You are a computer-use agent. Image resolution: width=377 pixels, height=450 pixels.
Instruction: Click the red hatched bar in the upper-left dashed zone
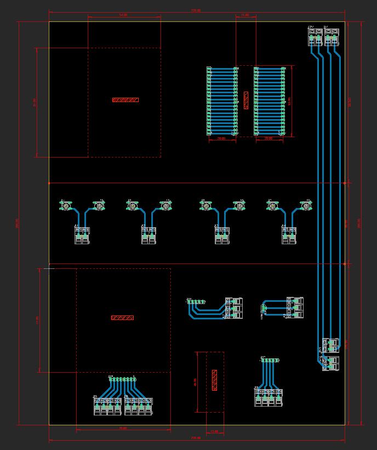coord(125,100)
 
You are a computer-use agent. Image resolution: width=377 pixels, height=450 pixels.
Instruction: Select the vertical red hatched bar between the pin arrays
coord(245,100)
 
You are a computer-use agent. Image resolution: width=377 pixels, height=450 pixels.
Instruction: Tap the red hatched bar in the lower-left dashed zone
coord(122,318)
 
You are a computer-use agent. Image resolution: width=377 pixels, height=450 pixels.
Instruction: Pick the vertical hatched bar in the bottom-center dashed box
coord(214,380)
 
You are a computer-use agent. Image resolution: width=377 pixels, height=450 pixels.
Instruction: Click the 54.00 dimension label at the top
coord(123,15)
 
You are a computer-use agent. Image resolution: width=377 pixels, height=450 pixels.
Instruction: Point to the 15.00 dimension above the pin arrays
coord(245,15)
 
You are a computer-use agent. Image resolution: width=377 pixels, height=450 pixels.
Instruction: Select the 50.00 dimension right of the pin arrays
coord(289,102)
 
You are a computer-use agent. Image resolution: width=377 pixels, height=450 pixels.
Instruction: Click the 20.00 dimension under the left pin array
coord(221,139)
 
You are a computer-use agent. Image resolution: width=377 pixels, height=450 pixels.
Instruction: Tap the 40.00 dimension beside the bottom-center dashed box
coord(195,382)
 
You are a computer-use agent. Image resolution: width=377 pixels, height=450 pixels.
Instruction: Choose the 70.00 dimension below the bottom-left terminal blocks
coord(123,428)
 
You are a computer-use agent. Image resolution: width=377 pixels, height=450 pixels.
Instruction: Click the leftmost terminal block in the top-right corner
coord(315,37)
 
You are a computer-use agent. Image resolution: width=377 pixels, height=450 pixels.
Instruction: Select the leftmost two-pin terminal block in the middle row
coord(82,235)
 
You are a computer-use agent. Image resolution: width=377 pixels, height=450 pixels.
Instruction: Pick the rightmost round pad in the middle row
coord(305,206)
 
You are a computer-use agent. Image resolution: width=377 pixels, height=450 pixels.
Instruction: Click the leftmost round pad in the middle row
coord(66,206)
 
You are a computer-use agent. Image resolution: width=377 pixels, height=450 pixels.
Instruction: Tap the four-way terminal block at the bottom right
coord(269,397)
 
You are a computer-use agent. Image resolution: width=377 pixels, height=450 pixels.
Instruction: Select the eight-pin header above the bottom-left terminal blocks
coord(122,379)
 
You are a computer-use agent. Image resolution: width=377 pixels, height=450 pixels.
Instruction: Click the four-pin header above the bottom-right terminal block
coord(270,361)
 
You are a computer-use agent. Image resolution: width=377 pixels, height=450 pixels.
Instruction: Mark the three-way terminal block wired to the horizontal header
coord(234,308)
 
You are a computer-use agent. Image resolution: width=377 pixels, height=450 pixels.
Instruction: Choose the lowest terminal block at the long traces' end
coord(330,363)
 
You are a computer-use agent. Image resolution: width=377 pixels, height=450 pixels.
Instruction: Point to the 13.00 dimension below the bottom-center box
coord(214,431)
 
